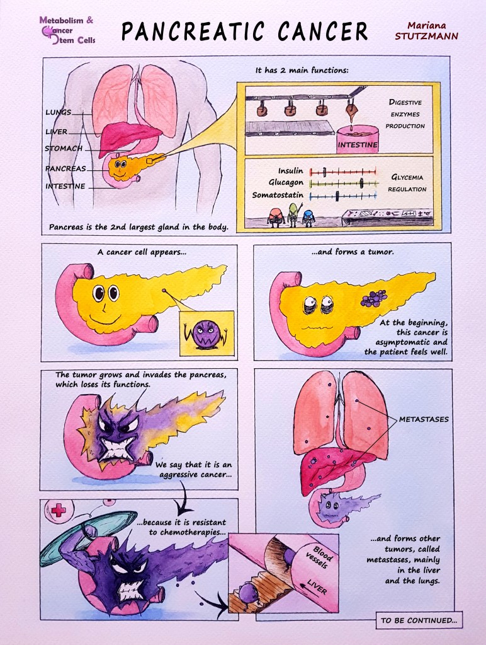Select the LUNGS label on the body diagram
click(x=58, y=112)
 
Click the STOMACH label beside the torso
click(x=63, y=149)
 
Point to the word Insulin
click(x=290, y=171)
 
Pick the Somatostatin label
click(x=278, y=195)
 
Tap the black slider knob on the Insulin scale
click(x=324, y=171)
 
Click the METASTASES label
click(x=424, y=419)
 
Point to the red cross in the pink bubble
click(x=58, y=510)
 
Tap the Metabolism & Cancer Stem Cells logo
click(x=66, y=31)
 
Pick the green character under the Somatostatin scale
click(x=291, y=213)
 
